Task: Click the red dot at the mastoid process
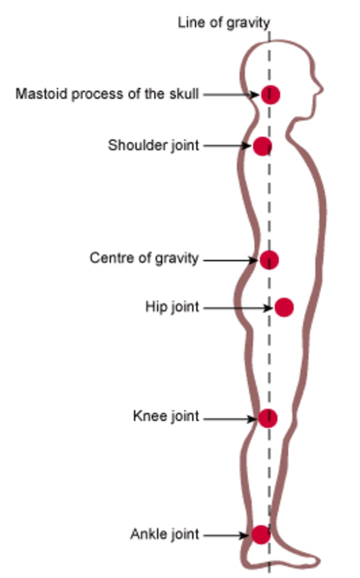click(270, 94)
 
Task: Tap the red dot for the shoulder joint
click(262, 146)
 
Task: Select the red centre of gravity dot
click(269, 260)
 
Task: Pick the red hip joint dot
click(284, 307)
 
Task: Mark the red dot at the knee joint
click(267, 418)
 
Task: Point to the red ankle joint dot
click(260, 534)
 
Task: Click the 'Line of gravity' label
click(223, 22)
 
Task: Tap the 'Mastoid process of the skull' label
click(107, 94)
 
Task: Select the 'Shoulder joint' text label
click(153, 145)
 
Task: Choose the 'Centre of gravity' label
click(144, 258)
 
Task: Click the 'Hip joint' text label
click(172, 306)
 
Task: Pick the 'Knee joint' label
click(166, 416)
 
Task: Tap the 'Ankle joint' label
click(164, 534)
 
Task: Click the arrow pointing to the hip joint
click(238, 308)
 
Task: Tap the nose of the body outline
click(320, 90)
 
